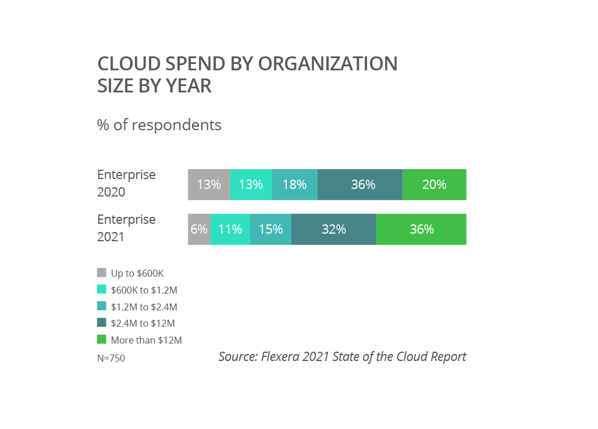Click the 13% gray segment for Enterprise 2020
pos(209,185)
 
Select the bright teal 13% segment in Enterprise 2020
pos(251,185)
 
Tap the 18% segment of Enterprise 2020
pos(294,185)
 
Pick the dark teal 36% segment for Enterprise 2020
pos(360,185)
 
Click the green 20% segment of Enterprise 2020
pos(435,185)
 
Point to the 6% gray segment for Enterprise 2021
pos(199,230)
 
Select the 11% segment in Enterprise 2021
pos(230,230)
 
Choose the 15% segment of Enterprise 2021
pos(270,230)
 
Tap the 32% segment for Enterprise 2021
pos(334,230)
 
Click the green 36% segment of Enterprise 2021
pos(421,230)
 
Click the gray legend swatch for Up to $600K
pos(102,273)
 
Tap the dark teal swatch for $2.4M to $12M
pos(102,323)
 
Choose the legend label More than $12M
pos(146,340)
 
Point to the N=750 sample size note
pos(111,358)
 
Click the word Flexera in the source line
pos(282,356)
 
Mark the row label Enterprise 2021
pos(126,228)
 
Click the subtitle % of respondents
pos(159,125)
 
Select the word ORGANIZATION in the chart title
pos(328,63)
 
